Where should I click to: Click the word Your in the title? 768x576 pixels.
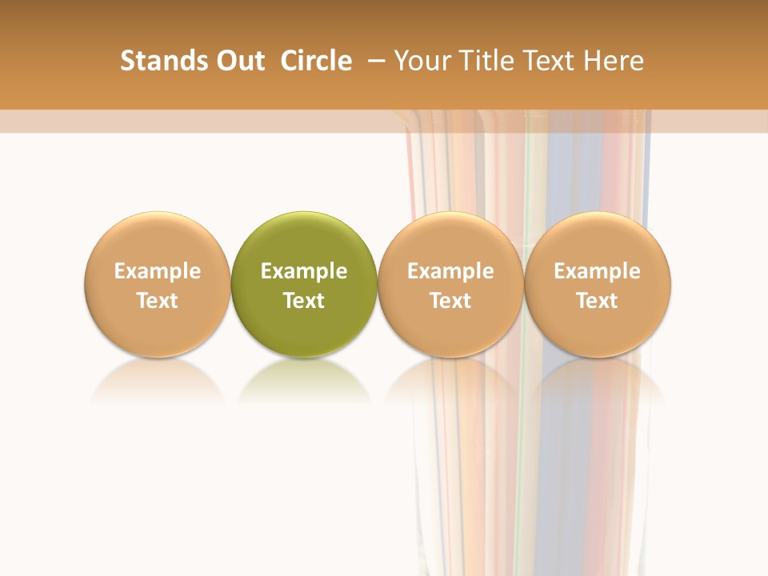(x=422, y=61)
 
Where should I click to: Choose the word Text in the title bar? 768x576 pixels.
(x=546, y=61)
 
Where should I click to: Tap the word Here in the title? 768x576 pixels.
(x=614, y=61)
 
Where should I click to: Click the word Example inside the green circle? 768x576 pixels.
(x=304, y=271)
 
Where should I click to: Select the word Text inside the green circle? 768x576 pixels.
(x=304, y=301)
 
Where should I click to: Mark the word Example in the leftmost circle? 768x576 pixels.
(x=158, y=271)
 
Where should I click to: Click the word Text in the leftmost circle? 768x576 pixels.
(x=158, y=301)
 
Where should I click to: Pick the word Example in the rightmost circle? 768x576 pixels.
(x=598, y=271)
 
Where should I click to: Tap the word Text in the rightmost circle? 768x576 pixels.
(x=598, y=301)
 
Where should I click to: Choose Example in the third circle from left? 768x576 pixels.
(x=450, y=271)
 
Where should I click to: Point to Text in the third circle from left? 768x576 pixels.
(x=450, y=301)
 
